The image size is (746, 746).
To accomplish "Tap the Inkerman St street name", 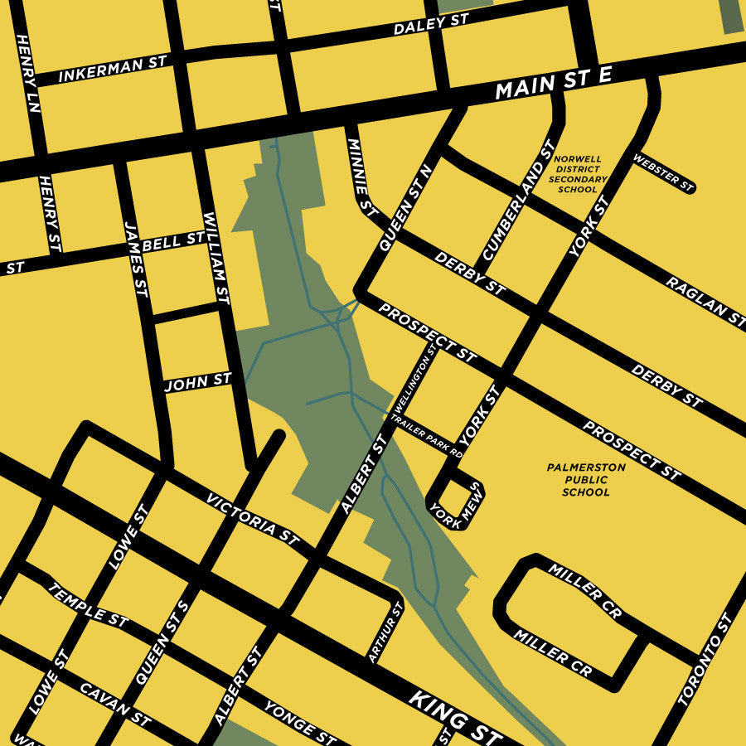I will (113, 69).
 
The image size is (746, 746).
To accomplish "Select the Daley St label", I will (431, 26).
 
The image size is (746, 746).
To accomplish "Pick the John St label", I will (197, 382).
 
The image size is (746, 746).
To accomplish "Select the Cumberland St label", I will (518, 201).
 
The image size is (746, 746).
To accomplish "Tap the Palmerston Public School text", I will (586, 480).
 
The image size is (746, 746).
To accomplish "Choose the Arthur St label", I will (385, 632).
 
